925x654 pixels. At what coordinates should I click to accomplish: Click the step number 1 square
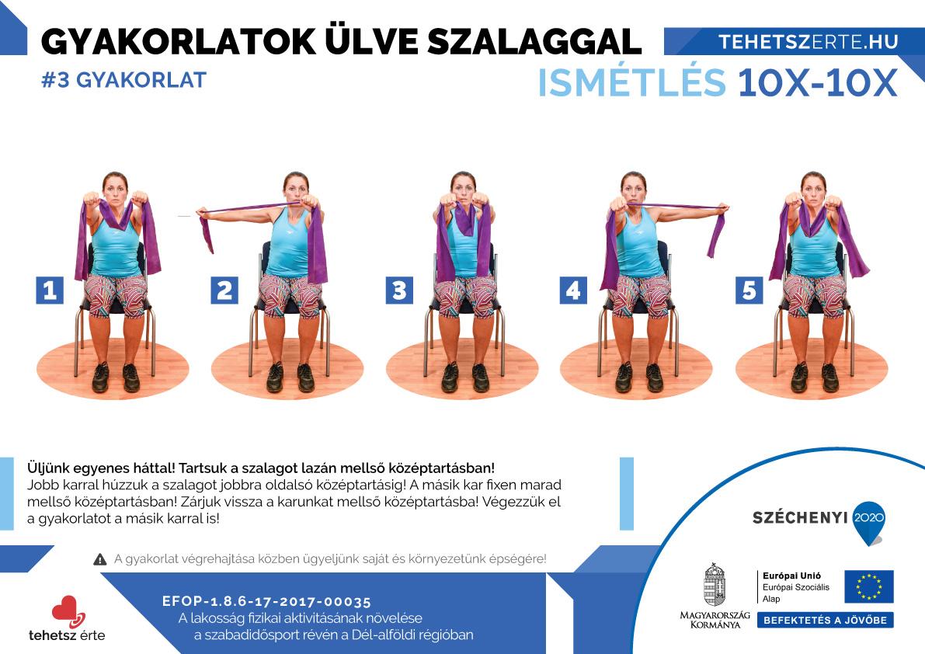50,290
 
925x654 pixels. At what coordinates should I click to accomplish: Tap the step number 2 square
224,290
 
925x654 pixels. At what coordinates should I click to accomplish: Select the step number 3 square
399,290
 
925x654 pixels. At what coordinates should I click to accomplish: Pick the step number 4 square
573,290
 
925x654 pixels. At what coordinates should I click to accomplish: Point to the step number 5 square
749,290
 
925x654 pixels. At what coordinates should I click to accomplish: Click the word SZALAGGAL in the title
534,42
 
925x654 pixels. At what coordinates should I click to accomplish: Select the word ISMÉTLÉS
631,82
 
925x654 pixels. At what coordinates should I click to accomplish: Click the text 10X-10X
818,82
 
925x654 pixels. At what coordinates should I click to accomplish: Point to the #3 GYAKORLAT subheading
124,79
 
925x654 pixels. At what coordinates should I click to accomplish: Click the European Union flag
869,586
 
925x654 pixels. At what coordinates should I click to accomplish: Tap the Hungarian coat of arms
715,584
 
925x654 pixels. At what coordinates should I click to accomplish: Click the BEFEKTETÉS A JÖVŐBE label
826,620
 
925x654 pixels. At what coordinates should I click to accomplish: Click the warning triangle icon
99,559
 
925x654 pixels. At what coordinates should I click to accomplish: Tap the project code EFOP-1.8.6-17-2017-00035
266,602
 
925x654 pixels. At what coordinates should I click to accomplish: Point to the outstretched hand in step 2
202,211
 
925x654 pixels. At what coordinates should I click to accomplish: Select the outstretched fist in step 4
722,208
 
